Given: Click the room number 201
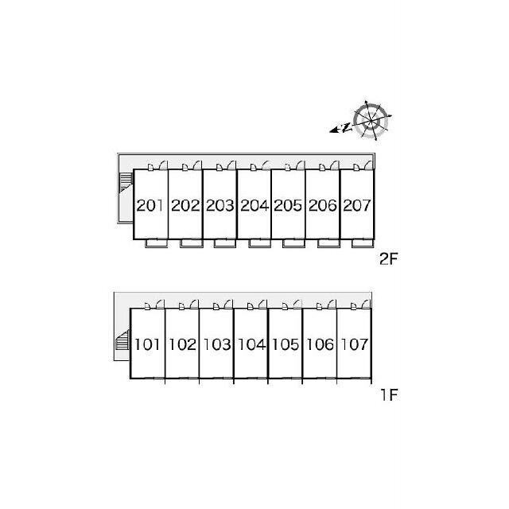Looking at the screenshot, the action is click(150, 205).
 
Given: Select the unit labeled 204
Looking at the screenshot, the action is click(254, 205).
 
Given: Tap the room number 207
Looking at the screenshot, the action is click(357, 205).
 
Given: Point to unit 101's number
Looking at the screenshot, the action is click(147, 344).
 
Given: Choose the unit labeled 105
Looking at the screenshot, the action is click(286, 344).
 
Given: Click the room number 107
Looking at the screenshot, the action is click(355, 344).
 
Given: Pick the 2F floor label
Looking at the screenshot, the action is click(389, 258).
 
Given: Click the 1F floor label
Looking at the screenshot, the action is click(389, 394).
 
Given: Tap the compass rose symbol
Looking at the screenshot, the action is click(371, 121).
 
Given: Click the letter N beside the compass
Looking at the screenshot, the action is click(347, 127).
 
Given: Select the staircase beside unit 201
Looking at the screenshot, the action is click(126, 183).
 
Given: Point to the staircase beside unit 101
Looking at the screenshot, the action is click(122, 340).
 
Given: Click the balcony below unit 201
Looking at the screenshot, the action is click(156, 243).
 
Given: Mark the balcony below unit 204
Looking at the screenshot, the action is click(260, 243).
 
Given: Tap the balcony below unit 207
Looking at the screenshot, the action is click(363, 243).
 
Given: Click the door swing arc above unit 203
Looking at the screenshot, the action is click(231, 165).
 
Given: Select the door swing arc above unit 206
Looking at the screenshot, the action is click(334, 165).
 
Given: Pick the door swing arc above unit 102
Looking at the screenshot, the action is click(194, 304).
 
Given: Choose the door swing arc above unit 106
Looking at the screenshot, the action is click(332, 304).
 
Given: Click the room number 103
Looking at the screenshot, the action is click(217, 344).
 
